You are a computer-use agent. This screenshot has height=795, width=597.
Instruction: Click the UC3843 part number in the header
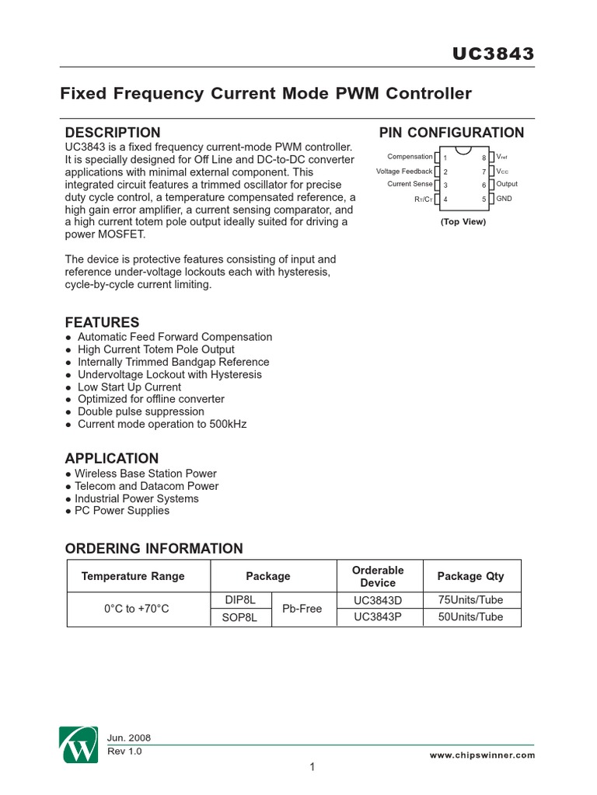(494, 54)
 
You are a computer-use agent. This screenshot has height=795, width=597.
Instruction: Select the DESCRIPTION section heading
(113, 133)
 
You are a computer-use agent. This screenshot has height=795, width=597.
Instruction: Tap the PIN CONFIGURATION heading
(451, 133)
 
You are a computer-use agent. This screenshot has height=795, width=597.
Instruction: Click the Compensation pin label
(410, 157)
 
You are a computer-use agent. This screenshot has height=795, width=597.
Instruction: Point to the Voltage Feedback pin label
(404, 171)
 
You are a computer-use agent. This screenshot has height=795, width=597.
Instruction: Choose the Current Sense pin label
(410, 185)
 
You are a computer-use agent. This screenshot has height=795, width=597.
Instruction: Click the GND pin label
(504, 199)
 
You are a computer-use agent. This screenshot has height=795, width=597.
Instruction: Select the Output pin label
(507, 185)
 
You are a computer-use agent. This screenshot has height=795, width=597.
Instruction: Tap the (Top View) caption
(463, 222)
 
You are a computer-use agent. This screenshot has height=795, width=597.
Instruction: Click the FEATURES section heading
(102, 322)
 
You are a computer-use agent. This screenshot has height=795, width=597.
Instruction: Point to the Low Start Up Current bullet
(129, 387)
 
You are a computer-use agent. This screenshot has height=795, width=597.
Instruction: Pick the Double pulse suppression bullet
(141, 411)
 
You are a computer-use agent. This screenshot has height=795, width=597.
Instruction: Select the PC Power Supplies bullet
(121, 511)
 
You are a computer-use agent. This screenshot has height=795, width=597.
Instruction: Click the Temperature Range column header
(133, 576)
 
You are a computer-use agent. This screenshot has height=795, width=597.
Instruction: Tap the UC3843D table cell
(379, 600)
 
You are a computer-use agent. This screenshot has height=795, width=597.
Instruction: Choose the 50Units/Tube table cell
(470, 617)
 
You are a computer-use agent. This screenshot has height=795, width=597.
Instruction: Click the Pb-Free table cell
(302, 609)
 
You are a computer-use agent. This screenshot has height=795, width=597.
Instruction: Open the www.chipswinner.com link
(482, 755)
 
